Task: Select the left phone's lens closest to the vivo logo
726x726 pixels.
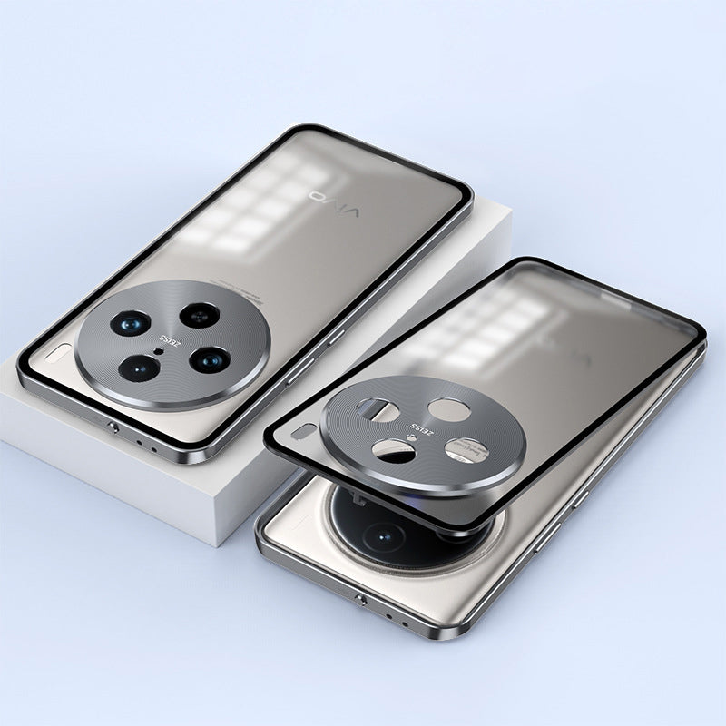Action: [199, 315]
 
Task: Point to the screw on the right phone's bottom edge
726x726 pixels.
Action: [362, 600]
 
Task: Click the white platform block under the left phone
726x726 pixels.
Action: [136, 490]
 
